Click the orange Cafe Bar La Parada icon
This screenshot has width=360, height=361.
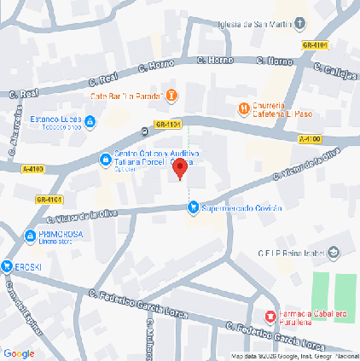171,94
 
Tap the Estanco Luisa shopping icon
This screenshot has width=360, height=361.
90,122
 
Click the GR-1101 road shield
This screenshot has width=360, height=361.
169,125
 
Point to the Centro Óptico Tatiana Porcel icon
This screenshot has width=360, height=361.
105,159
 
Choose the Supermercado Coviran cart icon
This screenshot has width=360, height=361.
194,206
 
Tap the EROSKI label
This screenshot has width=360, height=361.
26,266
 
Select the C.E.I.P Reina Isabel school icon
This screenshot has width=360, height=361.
334,252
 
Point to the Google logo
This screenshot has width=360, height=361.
19,353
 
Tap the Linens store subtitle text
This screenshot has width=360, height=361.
57,244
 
